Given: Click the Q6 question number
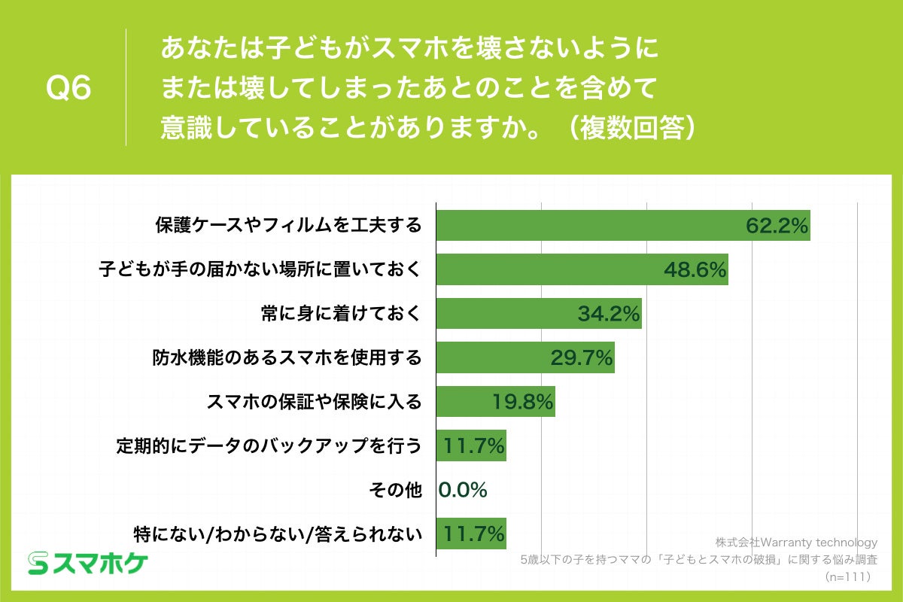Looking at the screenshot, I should point(68,89).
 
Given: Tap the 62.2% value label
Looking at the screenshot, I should point(777,225).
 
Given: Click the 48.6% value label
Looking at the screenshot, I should point(695,269).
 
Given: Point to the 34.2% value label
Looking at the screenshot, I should point(609,314).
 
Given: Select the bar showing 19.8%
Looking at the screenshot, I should point(496,402).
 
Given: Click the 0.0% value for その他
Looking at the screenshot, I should point(463,490).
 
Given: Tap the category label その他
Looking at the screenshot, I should point(394,491).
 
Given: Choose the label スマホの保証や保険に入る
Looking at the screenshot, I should point(314,402).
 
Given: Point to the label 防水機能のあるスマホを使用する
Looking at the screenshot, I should point(287,358).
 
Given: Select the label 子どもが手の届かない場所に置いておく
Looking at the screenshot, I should point(260,269).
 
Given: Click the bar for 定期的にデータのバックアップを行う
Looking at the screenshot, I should point(471,446).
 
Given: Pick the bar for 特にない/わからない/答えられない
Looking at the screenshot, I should point(471,534).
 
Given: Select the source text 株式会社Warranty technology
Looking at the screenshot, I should point(796,542).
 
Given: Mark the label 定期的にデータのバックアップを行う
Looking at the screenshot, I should point(269,446).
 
